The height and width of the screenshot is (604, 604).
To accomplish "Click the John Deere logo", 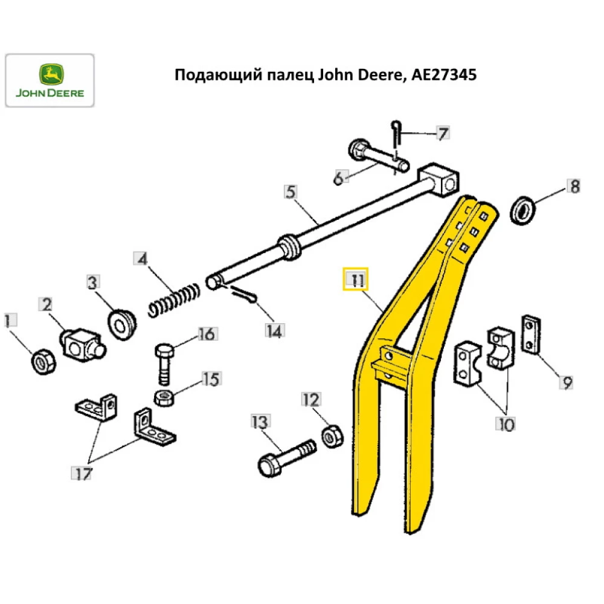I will (x=50, y=80).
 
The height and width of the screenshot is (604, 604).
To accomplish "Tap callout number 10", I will (x=506, y=424).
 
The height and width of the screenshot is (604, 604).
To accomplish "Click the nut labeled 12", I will (x=332, y=435).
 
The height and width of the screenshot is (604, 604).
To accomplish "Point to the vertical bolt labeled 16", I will (x=165, y=364).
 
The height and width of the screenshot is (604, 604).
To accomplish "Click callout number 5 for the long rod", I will (x=291, y=193).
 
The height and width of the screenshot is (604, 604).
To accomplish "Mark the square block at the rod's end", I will (x=439, y=179).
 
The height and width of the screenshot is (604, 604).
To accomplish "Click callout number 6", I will (x=339, y=178).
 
